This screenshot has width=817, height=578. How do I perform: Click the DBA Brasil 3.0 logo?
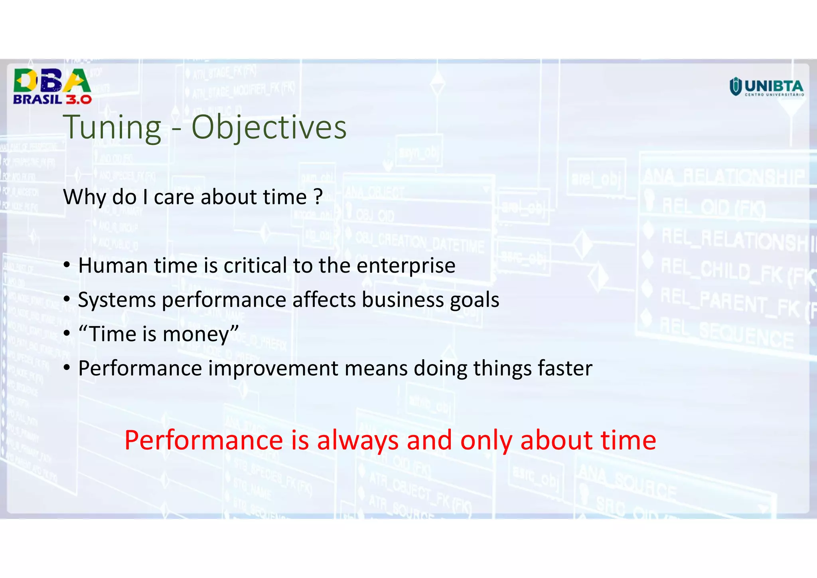tap(52, 87)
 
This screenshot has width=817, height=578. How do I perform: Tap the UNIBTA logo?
tap(766, 87)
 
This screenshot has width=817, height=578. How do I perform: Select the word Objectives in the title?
tap(268, 128)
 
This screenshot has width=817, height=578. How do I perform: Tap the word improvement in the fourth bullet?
tap(273, 368)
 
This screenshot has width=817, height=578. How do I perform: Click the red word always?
tap(358, 441)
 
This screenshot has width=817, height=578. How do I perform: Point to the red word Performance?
tap(203, 441)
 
